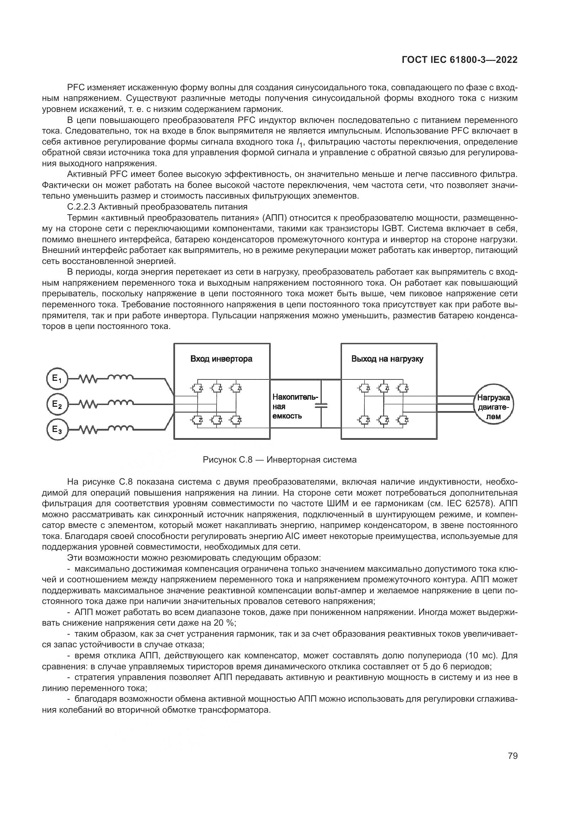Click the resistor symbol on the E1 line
pyautogui.click(x=87, y=379)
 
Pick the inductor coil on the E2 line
pyautogui.click(x=121, y=403)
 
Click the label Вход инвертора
pyautogui.click(x=221, y=359)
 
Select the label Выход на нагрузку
pyautogui.click(x=387, y=359)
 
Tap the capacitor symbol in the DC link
pyautogui.click(x=321, y=406)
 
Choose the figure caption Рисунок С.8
pyautogui.click(x=279, y=460)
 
